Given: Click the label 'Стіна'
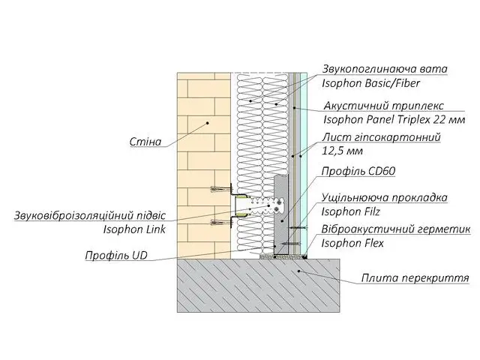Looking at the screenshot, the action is pyautogui.click(x=145, y=142).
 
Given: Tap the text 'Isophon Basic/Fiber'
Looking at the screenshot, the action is pyautogui.click(x=370, y=83).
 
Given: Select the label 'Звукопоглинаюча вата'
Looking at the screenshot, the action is pyautogui.click(x=385, y=69).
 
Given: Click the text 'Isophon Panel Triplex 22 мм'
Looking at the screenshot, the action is pyautogui.click(x=394, y=119).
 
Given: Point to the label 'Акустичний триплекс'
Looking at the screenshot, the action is pyautogui.click(x=383, y=106).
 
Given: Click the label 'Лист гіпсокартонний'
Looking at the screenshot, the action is pyautogui.click(x=381, y=137).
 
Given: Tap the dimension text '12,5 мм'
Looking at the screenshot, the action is pyautogui.click(x=342, y=151).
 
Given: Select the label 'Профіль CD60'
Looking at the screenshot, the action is pyautogui.click(x=358, y=171).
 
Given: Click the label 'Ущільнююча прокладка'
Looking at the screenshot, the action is pyautogui.click(x=385, y=198).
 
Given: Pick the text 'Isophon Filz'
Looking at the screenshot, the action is pyautogui.click(x=350, y=211).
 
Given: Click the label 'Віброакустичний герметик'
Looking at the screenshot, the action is pyautogui.click(x=396, y=229).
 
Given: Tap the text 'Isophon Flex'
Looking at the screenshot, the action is pyautogui.click(x=352, y=243).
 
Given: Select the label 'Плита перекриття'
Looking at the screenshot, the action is pyautogui.click(x=415, y=278).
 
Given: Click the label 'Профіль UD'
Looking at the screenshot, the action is pyautogui.click(x=116, y=255).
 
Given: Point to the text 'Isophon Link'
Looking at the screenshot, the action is pyautogui.click(x=134, y=229).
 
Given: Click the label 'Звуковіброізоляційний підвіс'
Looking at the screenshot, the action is pyautogui.click(x=90, y=215).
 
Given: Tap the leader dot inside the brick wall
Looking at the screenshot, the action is pyautogui.click(x=207, y=123).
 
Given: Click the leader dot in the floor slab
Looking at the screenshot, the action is pyautogui.click(x=299, y=271).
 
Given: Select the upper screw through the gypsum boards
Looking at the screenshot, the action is pyautogui.click(x=297, y=228).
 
